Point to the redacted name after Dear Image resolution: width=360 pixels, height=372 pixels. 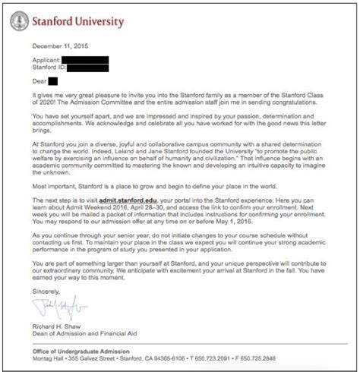[53, 78]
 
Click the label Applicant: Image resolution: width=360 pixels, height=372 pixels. [46, 59]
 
